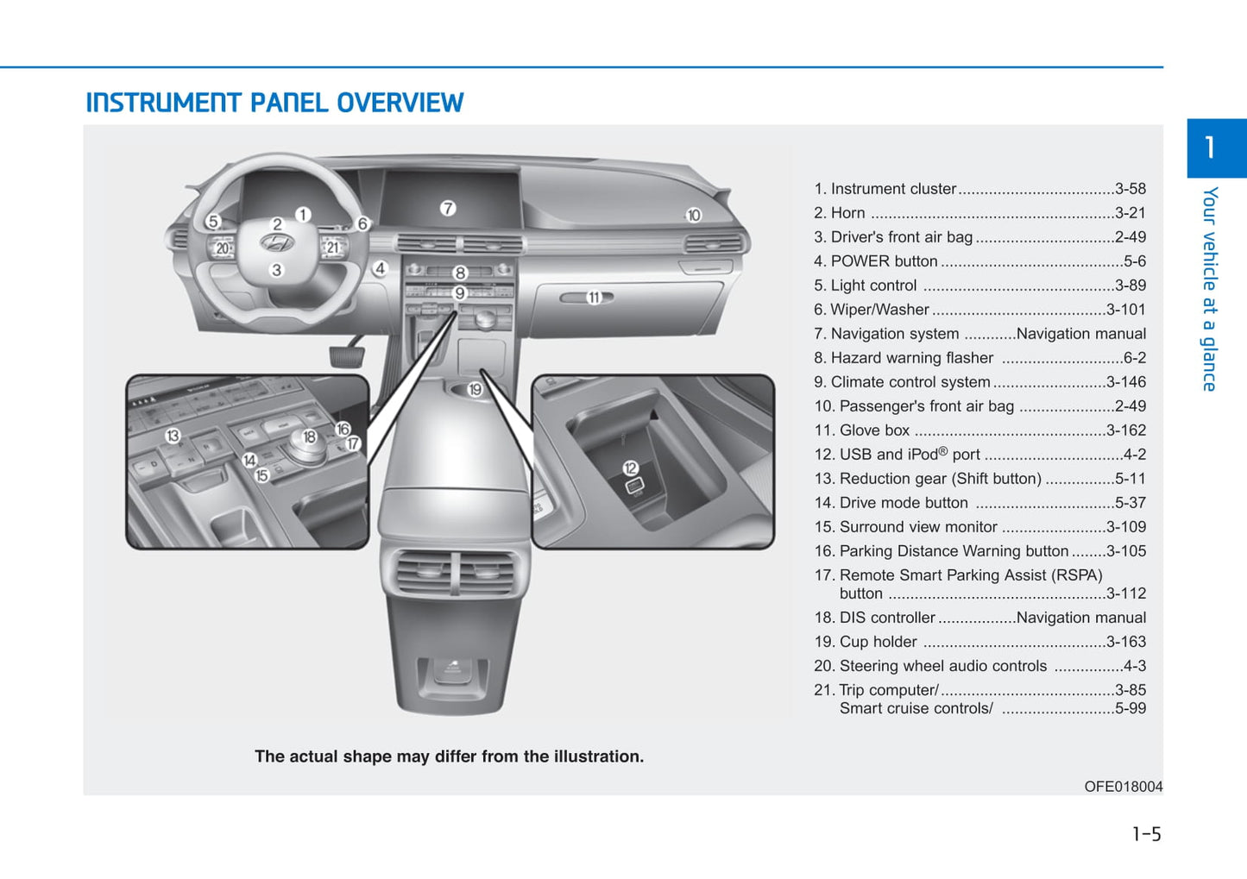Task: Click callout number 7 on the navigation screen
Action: (447, 208)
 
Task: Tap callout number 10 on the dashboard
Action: (694, 215)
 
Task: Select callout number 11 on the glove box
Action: (594, 298)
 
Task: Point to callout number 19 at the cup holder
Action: (475, 390)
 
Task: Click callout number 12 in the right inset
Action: (631, 468)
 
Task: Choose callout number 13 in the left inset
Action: (173, 436)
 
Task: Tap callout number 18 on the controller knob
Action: (309, 437)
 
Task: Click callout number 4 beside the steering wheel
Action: (380, 268)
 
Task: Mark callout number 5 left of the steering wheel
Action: (213, 222)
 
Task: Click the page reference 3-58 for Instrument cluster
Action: (1130, 189)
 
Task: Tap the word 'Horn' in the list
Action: (847, 213)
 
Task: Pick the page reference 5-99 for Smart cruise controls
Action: (1130, 708)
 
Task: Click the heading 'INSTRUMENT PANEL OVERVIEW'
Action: (274, 103)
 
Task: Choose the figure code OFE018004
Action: (1123, 787)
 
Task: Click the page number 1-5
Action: (1146, 834)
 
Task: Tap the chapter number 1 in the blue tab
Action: (1210, 148)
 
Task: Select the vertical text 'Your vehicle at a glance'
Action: (1210, 289)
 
